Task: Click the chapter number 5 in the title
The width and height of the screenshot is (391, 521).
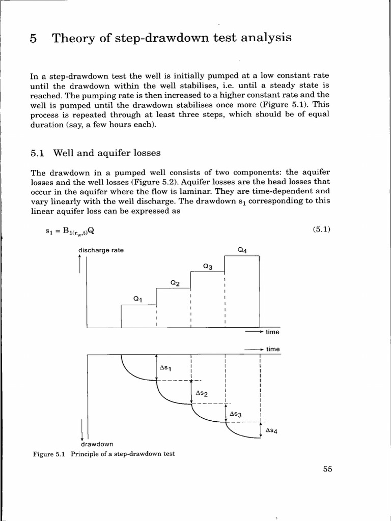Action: coord(34,39)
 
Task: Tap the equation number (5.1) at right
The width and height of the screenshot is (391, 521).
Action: coord(322,229)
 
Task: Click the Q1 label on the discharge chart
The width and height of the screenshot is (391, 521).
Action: coord(137,300)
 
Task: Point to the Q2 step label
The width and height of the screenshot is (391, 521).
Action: coord(175,283)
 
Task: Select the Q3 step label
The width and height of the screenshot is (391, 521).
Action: coord(207,266)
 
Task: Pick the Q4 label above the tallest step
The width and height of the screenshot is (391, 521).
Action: coord(242,250)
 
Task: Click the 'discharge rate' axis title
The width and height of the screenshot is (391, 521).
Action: coord(100,250)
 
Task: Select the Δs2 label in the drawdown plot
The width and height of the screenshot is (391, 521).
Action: coord(201,393)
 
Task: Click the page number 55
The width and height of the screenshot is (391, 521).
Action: coord(327,470)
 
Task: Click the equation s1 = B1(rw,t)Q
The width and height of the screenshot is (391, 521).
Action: coord(70,230)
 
